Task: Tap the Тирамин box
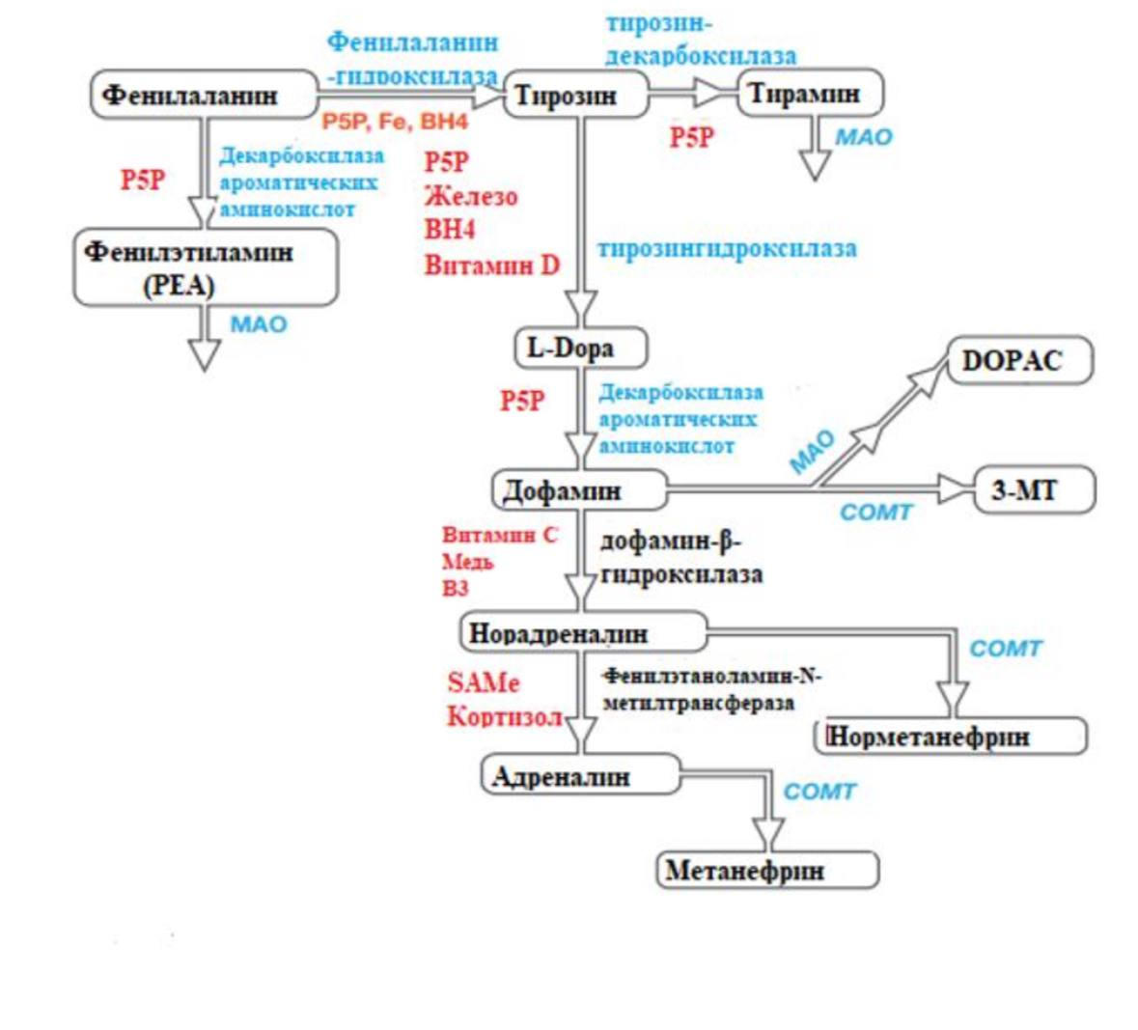pos(810,94)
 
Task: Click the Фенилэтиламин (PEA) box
pos(205,268)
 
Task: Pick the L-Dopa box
pos(578,348)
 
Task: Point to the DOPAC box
pos(1018,360)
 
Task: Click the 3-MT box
pos(1034,490)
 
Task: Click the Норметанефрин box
pos(952,737)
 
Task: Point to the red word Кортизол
pos(504,717)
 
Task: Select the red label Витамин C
pos(499,535)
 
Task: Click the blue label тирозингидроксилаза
pos(726,248)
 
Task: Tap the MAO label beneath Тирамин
pos(863,137)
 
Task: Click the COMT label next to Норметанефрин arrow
pos(1005,648)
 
